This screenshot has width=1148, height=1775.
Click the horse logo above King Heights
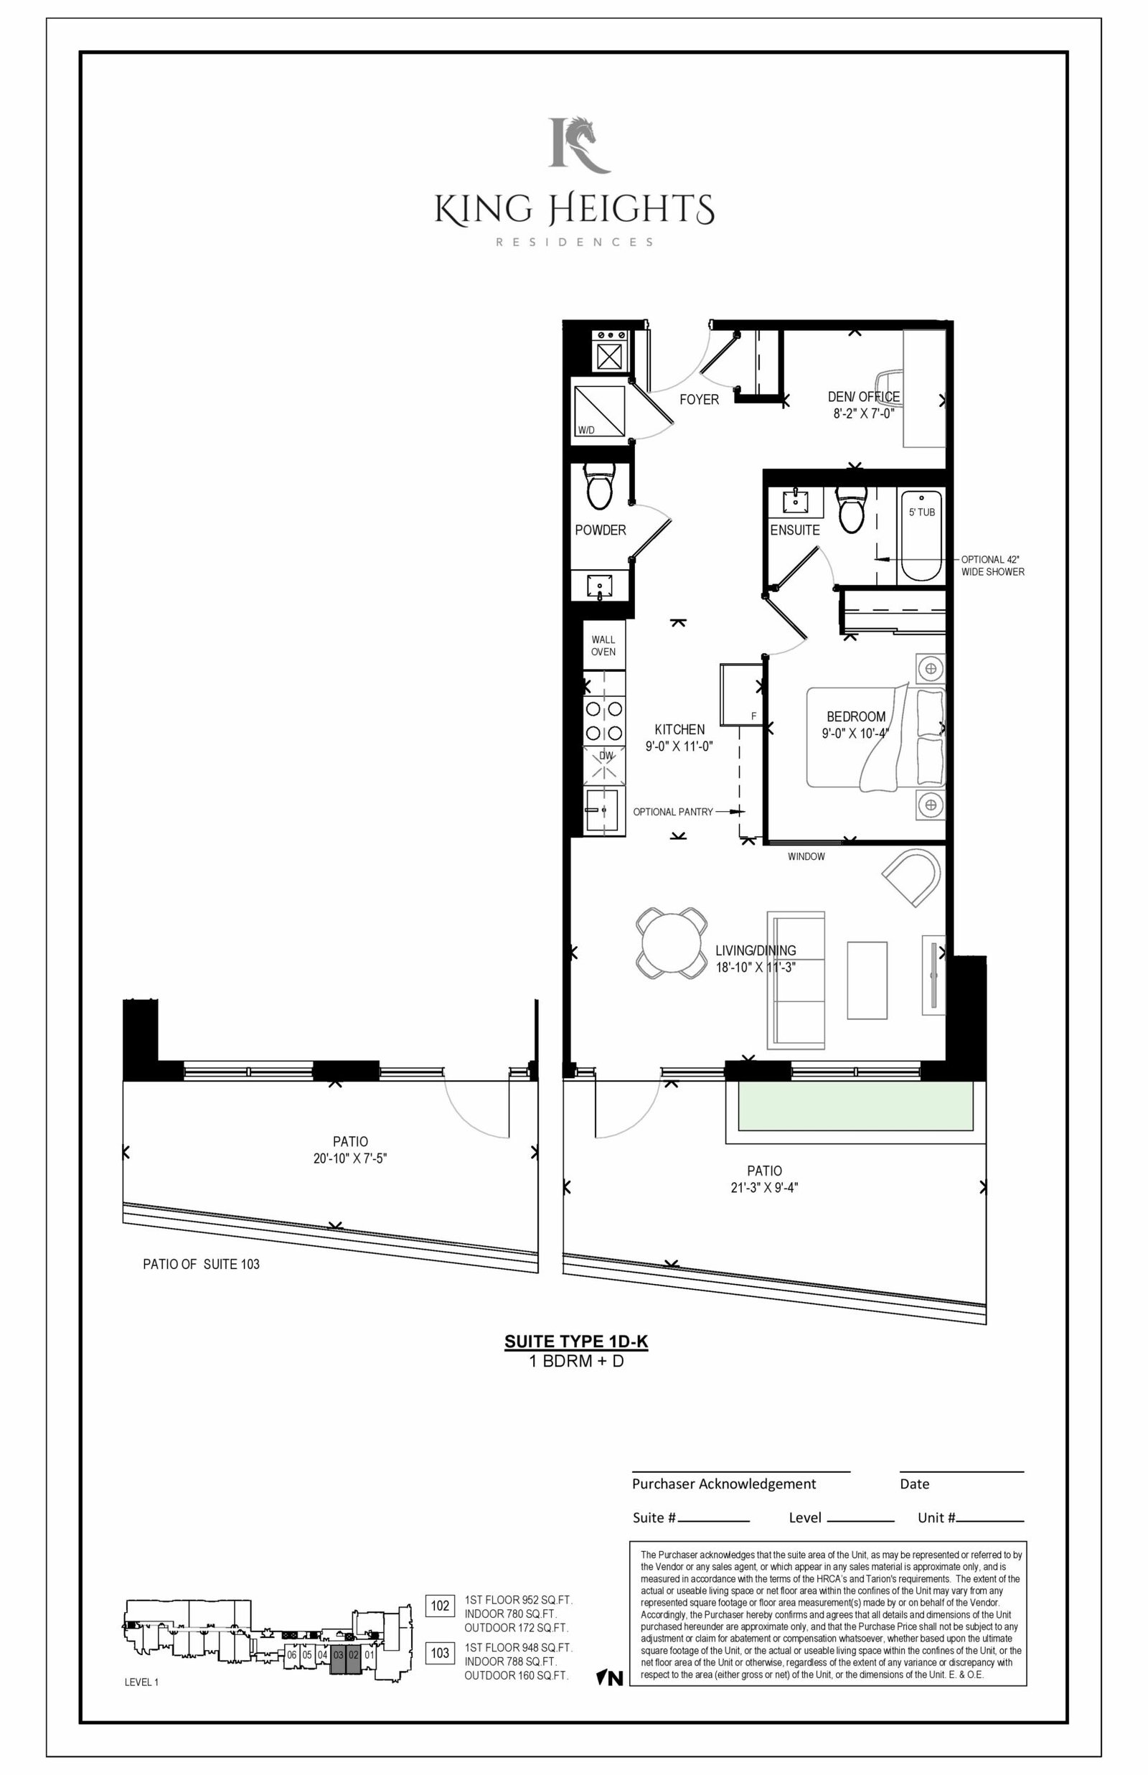pyautogui.click(x=579, y=144)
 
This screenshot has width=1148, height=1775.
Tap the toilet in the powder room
pyautogui.click(x=598, y=486)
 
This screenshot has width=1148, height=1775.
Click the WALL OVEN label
pyautogui.click(x=603, y=645)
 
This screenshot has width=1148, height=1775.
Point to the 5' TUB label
pyautogui.click(x=921, y=512)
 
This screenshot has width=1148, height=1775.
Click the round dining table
pyautogui.click(x=672, y=942)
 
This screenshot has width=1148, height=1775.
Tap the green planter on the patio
pyautogui.click(x=856, y=1106)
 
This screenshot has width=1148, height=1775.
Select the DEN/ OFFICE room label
pyautogui.click(x=863, y=397)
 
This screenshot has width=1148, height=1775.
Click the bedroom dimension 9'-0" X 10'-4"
pyautogui.click(x=855, y=734)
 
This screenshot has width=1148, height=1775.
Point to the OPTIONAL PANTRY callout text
pyautogui.click(x=672, y=812)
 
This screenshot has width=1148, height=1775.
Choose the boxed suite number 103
pyautogui.click(x=440, y=1653)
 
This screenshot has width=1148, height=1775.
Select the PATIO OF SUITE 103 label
pyautogui.click(x=202, y=1265)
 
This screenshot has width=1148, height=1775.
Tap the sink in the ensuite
pyautogui.click(x=797, y=501)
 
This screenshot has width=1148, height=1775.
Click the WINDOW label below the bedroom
pyautogui.click(x=806, y=856)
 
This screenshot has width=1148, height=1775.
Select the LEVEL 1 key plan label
pyautogui.click(x=141, y=1682)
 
